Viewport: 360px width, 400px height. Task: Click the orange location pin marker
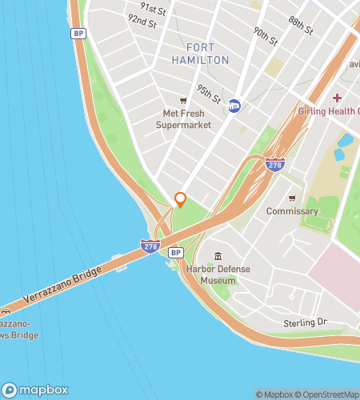tap(180, 199)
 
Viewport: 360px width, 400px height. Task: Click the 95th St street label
tap(210, 94)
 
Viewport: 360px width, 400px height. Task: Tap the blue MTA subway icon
tap(234, 105)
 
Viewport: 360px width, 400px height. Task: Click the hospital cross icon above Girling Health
tap(315, 98)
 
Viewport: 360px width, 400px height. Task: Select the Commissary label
tap(293, 212)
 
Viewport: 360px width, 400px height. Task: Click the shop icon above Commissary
tap(293, 198)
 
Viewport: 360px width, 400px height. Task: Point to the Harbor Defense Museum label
tap(218, 274)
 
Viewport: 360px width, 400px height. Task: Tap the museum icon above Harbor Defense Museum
tap(218, 255)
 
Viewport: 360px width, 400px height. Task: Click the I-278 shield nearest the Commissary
tap(274, 163)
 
